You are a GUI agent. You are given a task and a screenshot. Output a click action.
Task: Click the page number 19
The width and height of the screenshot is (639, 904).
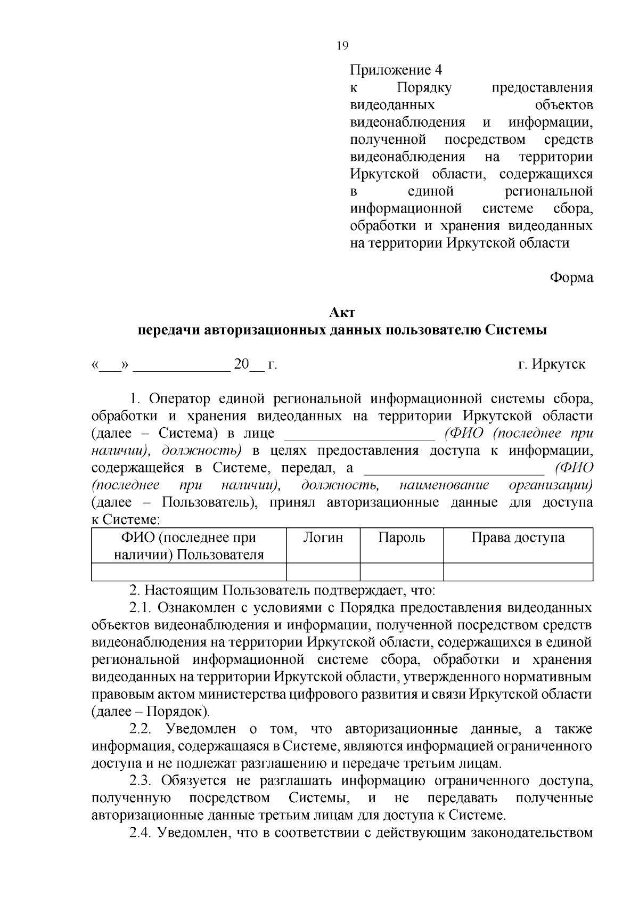pos(342,46)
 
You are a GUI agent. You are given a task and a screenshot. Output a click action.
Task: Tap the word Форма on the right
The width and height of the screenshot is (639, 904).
pos(571,278)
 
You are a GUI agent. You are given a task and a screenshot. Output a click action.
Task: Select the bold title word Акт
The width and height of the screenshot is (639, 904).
pos(342,313)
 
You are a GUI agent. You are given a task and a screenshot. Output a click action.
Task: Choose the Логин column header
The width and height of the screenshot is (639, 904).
pos(323,538)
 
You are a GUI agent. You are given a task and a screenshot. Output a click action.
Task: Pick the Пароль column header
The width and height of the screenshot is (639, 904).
pos(402,538)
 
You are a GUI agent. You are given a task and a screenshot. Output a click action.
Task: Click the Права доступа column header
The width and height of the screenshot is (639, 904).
pos(518,538)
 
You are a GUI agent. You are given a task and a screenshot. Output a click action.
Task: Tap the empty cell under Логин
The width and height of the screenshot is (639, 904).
pos(323,572)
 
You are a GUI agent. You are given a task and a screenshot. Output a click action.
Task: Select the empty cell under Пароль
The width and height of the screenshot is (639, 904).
pos(402,572)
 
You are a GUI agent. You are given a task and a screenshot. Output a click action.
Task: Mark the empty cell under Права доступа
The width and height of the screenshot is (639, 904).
pos(518,572)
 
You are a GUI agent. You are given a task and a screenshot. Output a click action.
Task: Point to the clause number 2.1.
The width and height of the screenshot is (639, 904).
pos(141,608)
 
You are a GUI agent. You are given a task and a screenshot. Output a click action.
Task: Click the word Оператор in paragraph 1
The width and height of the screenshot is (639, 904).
pos(183,399)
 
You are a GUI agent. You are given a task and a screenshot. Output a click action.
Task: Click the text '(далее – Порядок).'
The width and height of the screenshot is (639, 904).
pos(151,712)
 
